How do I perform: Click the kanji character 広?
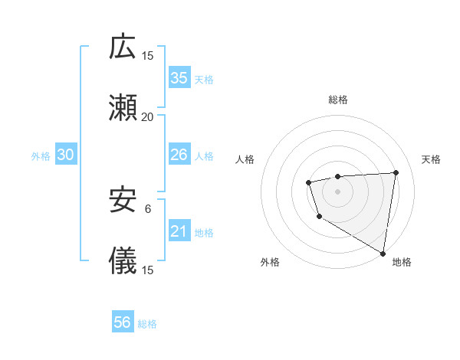pyautogui.click(x=123, y=47)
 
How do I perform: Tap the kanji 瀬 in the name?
pyautogui.click(x=123, y=110)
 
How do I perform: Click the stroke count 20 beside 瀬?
pyautogui.click(x=147, y=117)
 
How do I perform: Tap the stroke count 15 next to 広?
pyautogui.click(x=147, y=56)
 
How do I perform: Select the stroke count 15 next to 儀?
pyautogui.click(x=147, y=270)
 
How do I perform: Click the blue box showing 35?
pyautogui.click(x=179, y=77)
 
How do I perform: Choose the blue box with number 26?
pyautogui.click(x=179, y=155)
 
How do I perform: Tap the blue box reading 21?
pyautogui.click(x=179, y=231)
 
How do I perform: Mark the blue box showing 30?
pyautogui.click(x=65, y=155)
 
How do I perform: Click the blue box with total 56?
pyautogui.click(x=123, y=322)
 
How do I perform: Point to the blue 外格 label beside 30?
pyautogui.click(x=41, y=156)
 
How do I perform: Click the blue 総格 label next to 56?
pyautogui.click(x=147, y=324)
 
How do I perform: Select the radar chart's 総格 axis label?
pyautogui.click(x=337, y=100)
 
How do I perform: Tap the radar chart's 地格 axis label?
pyautogui.click(x=402, y=262)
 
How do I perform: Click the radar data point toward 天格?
pyautogui.click(x=396, y=172)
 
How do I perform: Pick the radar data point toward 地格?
pyautogui.click(x=383, y=253)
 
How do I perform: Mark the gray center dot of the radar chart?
pyautogui.click(x=337, y=191)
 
